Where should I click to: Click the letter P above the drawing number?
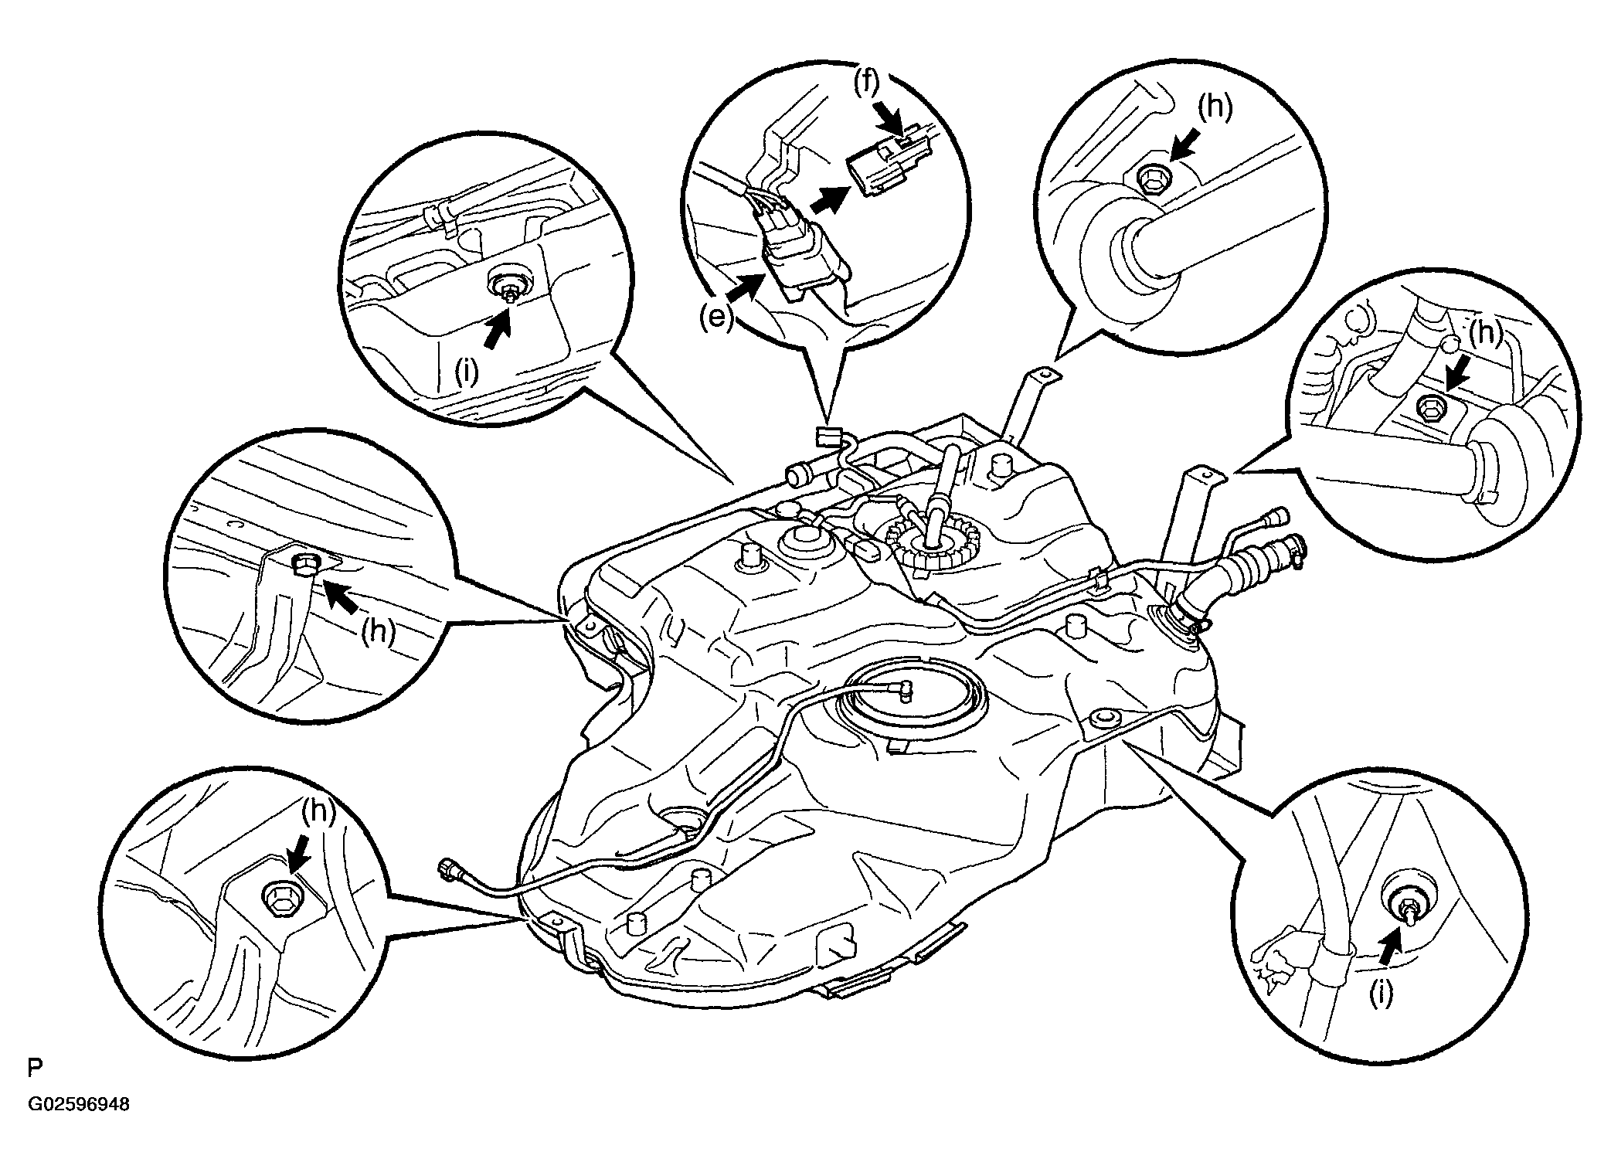click(34, 1069)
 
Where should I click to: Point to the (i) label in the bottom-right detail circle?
click(1381, 993)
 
